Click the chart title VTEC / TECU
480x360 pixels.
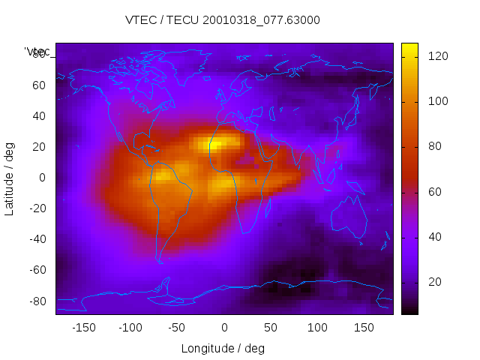click(223, 20)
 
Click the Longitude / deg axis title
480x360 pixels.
click(223, 348)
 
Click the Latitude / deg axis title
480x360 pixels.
click(10, 177)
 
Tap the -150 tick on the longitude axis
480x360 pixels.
click(83, 328)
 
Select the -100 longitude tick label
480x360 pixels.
click(130, 328)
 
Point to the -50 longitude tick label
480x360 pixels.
click(177, 328)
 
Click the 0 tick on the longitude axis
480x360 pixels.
click(223, 328)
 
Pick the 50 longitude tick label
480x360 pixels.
click(271, 328)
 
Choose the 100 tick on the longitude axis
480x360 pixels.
click(317, 328)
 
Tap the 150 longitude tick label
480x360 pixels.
click(364, 328)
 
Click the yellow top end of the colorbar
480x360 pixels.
click(409, 49)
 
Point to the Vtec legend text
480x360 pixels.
click(37, 51)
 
